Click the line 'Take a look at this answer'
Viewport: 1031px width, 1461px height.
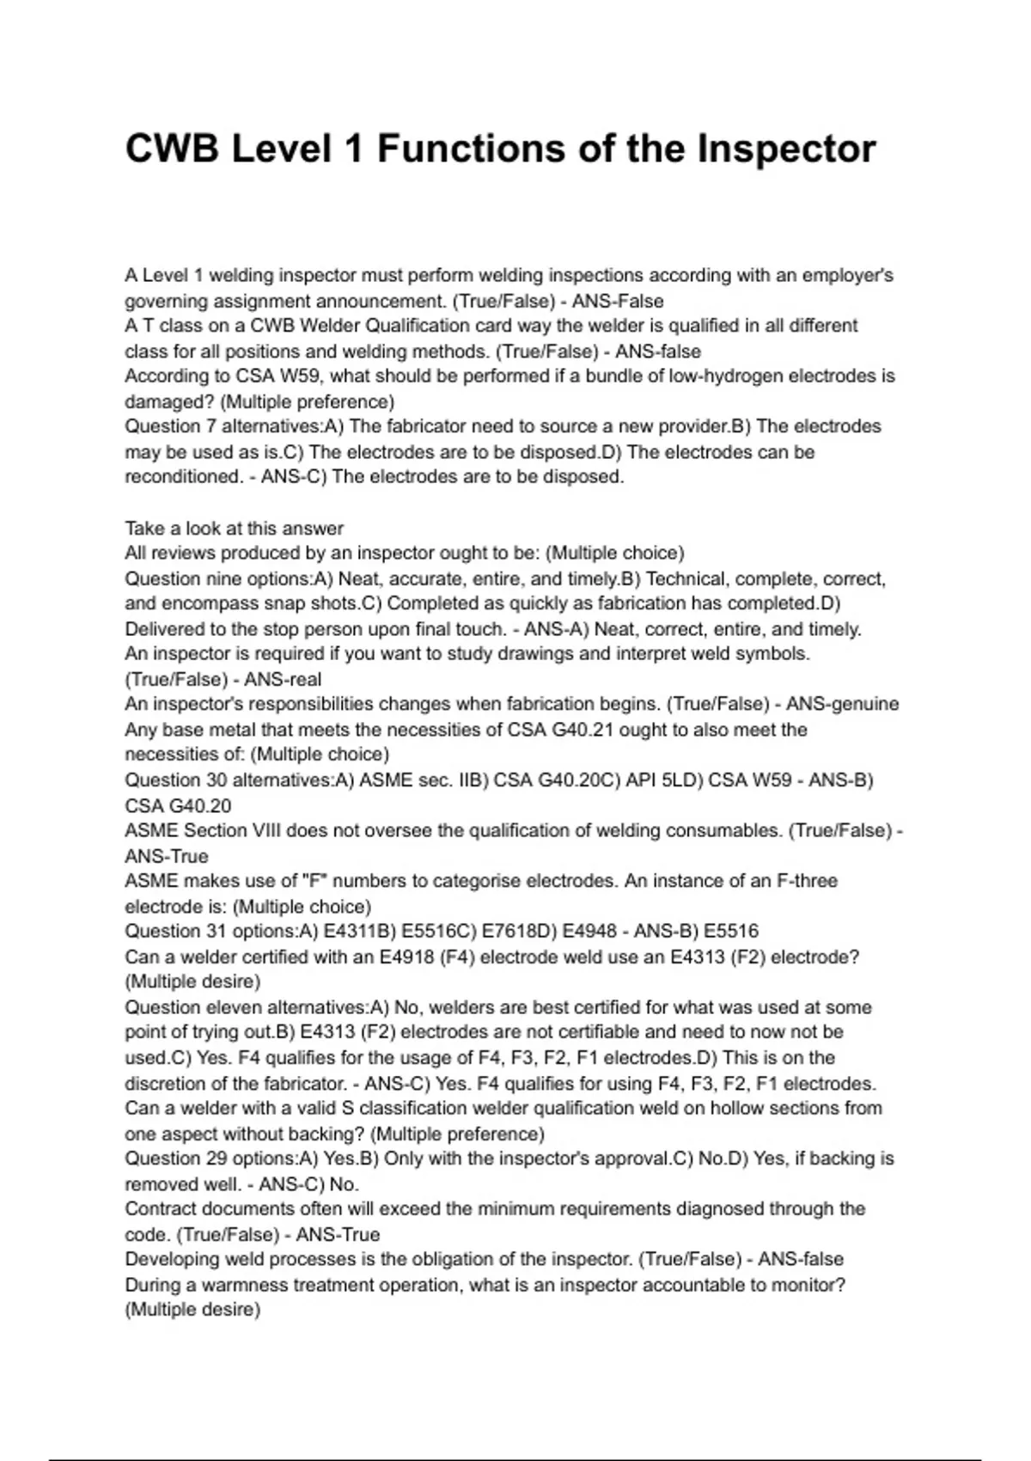click(x=234, y=529)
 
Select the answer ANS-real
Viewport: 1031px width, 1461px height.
click(x=283, y=680)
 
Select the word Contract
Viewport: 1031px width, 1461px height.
click(x=160, y=1209)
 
